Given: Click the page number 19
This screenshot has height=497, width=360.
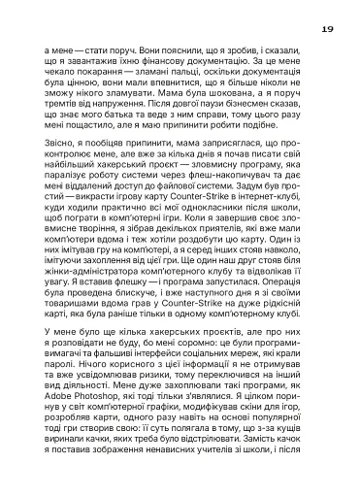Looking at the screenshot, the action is pos(326,29).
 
